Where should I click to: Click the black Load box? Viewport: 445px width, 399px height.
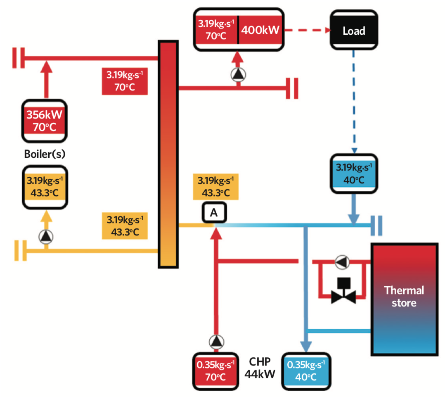(354, 30)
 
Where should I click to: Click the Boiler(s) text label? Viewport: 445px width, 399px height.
(45, 154)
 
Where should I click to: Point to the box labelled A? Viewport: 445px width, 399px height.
(214, 213)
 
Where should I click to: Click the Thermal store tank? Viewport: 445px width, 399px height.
(404, 299)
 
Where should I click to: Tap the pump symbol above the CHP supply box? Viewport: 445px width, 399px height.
(215, 341)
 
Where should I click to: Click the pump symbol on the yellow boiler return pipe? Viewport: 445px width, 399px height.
(46, 236)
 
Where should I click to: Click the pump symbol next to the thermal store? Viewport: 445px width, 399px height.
(342, 261)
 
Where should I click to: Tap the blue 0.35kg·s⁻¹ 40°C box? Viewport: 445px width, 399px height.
(306, 370)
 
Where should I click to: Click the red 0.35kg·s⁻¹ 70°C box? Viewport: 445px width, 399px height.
(215, 370)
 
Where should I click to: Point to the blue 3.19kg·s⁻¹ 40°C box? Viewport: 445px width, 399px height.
(353, 174)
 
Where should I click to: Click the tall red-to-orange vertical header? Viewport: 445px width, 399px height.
(168, 154)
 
